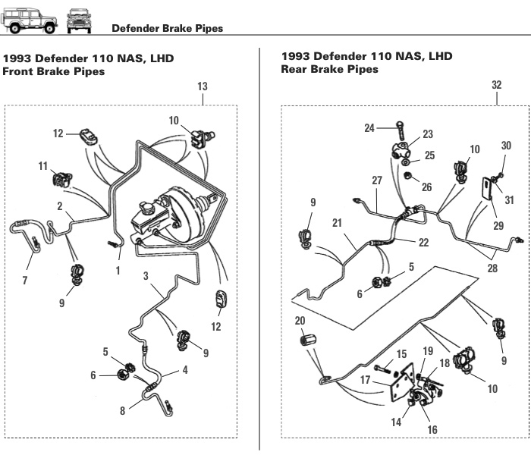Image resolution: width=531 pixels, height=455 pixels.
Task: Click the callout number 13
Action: (203, 87)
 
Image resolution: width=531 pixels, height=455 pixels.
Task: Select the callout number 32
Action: (496, 86)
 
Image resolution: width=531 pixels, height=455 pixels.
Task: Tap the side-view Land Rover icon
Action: (30, 21)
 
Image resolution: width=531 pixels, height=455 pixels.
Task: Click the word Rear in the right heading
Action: (297, 69)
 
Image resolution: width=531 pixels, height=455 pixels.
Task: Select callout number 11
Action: (42, 165)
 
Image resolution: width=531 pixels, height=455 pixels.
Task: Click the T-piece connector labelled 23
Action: (401, 149)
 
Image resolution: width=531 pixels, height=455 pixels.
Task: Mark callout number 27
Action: (377, 180)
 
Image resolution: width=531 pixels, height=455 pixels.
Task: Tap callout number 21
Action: (337, 223)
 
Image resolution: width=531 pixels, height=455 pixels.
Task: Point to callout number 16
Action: (433, 429)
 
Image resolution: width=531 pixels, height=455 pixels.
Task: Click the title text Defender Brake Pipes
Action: (167, 29)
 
